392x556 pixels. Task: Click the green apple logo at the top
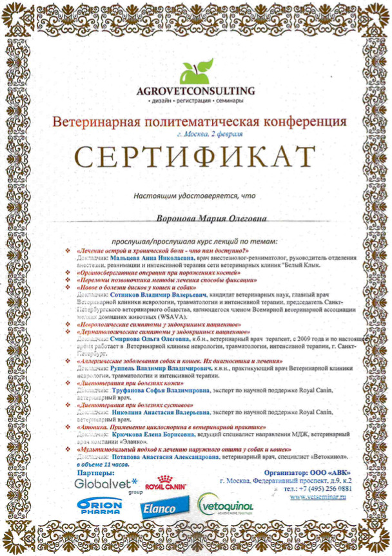[x=195, y=70]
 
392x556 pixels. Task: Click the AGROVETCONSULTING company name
[x=195, y=91]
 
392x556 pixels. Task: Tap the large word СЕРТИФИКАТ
[x=196, y=155]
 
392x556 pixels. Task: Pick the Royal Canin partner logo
[x=166, y=484]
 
